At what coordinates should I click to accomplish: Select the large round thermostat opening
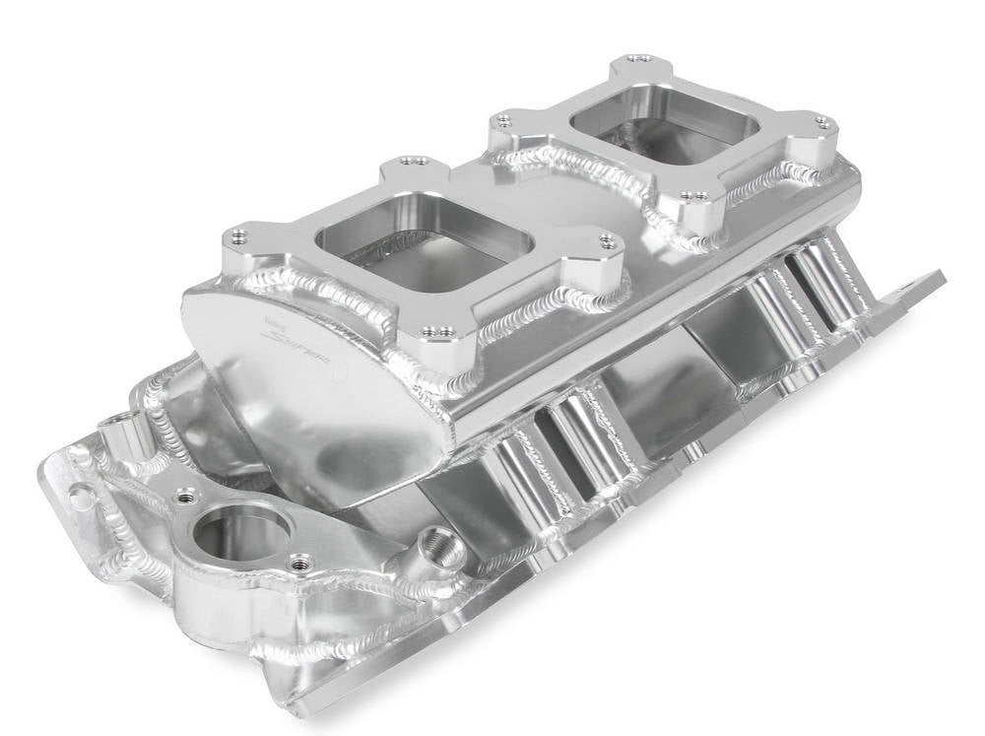pos(240,533)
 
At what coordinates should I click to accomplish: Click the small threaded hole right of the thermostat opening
pos(301,564)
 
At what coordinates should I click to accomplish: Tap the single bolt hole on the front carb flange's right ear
pos(609,240)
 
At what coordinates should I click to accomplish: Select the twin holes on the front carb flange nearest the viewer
pos(441,331)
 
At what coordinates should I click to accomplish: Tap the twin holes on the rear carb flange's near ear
pos(696,196)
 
